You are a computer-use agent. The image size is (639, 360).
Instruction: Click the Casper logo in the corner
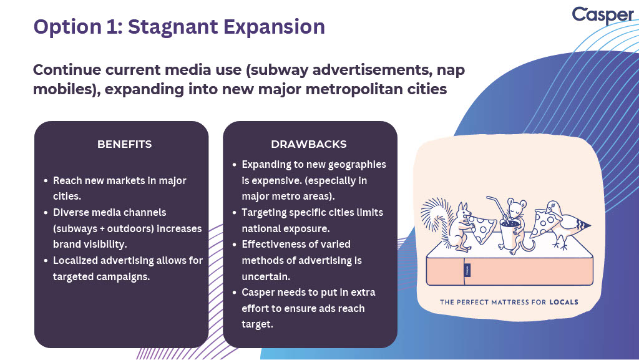603,15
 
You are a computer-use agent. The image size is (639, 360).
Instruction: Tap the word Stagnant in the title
173,27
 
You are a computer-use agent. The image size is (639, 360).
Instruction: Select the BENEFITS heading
124,144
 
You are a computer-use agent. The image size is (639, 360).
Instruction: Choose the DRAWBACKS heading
308,144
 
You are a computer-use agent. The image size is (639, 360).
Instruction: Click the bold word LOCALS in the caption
563,302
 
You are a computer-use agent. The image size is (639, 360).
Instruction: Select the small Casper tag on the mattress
467,270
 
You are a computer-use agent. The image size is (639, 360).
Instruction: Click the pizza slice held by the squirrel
482,228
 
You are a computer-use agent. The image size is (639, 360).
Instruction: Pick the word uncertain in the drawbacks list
266,276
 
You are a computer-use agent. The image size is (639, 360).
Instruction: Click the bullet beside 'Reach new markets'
46,180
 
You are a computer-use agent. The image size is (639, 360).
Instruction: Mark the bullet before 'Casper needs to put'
235,293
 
